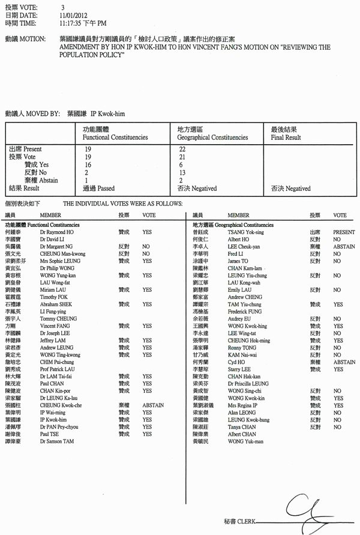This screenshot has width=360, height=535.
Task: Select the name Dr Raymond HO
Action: (x=56, y=232)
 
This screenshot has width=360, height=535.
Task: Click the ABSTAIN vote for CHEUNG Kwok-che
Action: (x=153, y=405)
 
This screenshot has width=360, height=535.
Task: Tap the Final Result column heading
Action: (x=286, y=138)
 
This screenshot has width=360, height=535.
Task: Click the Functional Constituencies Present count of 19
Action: (x=88, y=148)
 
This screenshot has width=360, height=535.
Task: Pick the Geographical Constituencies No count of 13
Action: (x=183, y=172)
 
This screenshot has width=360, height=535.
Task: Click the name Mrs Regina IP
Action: (x=244, y=405)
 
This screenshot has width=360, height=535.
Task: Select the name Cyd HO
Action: (x=238, y=362)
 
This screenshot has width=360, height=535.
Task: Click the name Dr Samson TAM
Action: (x=58, y=441)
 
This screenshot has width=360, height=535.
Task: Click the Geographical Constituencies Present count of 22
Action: (x=183, y=148)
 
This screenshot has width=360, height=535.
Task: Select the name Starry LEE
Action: (x=241, y=369)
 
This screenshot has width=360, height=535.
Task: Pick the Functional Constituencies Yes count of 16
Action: (x=88, y=165)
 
